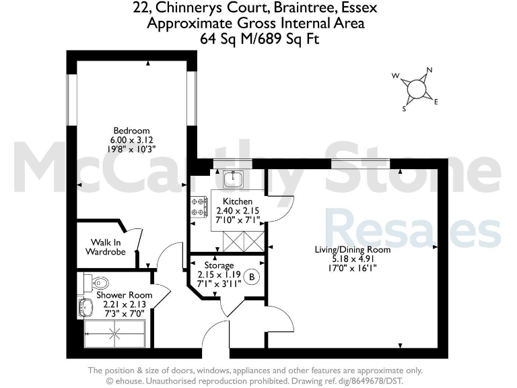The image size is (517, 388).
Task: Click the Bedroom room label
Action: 131,130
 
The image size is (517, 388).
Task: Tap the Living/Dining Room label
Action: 353,249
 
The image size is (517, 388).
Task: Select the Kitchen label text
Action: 238,201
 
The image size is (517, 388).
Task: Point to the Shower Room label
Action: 124,295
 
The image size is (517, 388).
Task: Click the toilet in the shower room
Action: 94,281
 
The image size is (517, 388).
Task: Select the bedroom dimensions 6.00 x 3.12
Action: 131,139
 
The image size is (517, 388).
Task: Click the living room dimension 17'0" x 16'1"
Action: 353,268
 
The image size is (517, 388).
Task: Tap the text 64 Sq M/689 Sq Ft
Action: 259,39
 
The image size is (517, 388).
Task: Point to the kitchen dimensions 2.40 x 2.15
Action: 238,211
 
